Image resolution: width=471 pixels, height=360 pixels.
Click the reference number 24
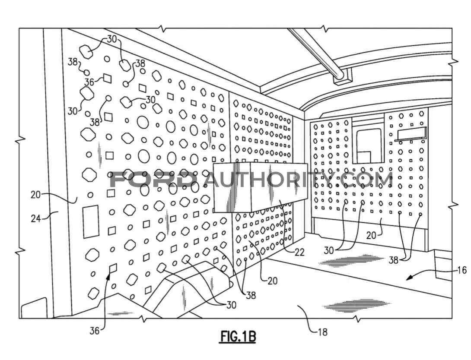[x=35, y=218]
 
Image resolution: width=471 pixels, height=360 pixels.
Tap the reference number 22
[x=299, y=252]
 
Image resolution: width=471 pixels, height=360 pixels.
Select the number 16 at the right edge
[x=462, y=270]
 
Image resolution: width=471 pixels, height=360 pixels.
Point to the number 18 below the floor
[x=322, y=332]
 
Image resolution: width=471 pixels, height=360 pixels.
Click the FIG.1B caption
[x=238, y=337]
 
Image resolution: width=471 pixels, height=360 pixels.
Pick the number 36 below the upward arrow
[x=94, y=331]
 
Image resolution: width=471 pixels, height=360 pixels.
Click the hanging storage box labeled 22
[x=261, y=187]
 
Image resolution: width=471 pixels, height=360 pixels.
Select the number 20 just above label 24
[x=35, y=195]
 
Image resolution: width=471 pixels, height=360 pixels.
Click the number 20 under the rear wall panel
[x=371, y=235]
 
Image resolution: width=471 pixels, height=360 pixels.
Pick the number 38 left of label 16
[x=394, y=260]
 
